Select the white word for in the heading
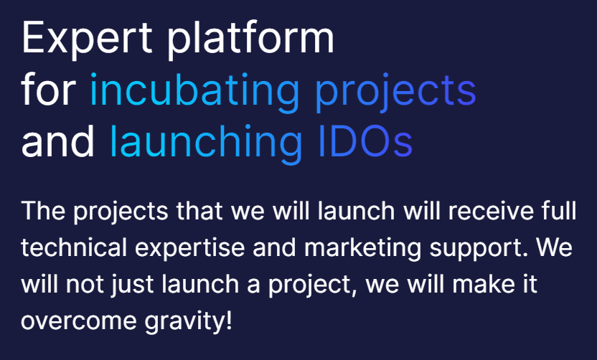click(x=48, y=89)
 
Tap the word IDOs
click(x=365, y=141)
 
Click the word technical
click(x=74, y=247)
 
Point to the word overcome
click(x=79, y=321)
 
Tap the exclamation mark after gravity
click(x=229, y=321)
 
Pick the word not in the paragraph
click(x=85, y=285)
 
